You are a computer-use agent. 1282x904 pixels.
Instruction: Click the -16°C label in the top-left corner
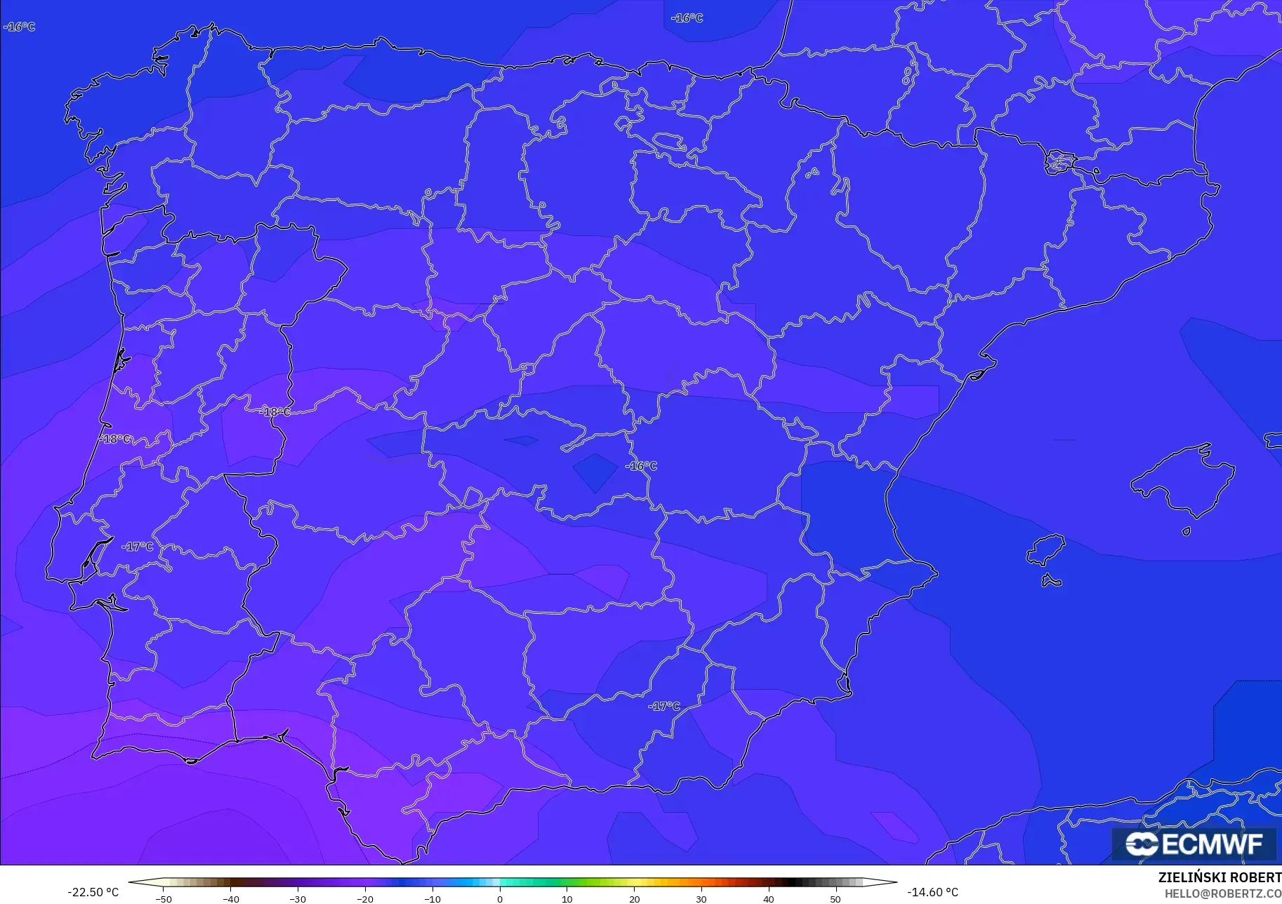click(20, 27)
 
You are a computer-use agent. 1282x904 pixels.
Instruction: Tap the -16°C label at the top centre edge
click(687, 18)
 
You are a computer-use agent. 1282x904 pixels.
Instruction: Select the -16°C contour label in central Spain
click(642, 466)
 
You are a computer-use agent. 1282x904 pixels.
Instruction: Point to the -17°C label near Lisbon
click(138, 546)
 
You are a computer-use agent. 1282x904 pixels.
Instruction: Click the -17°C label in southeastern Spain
click(664, 706)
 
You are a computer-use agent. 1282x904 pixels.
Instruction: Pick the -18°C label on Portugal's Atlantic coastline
click(116, 439)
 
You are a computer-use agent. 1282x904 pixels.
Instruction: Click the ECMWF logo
click(1194, 844)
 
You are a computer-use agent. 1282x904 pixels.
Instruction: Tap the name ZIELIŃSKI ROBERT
click(1220, 878)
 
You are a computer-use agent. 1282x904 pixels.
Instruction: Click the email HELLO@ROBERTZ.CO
click(1223, 894)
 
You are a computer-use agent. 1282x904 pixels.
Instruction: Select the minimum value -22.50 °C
click(93, 892)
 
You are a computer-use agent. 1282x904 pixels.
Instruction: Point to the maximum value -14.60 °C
click(932, 892)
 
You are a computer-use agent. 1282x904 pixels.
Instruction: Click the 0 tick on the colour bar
click(500, 898)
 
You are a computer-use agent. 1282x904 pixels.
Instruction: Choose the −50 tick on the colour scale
click(163, 898)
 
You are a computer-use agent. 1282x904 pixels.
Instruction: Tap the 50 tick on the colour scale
click(835, 898)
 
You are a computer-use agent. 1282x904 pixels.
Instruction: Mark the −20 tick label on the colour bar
click(365, 898)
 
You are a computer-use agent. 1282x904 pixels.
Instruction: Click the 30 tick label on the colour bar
click(701, 898)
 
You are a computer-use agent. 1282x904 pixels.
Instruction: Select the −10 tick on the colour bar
click(432, 898)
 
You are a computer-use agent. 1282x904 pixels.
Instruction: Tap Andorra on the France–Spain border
click(1059, 162)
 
